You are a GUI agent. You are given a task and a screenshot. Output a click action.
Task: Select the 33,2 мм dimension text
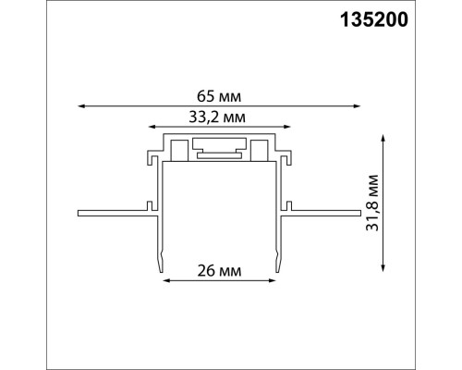point(218,116)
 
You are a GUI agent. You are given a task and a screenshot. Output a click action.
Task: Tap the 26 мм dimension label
point(220,271)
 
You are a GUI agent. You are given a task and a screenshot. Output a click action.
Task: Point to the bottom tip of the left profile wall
point(161,270)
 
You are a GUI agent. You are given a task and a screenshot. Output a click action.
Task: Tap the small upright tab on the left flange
point(147,203)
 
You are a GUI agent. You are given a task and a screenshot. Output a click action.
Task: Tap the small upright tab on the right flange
point(294,203)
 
